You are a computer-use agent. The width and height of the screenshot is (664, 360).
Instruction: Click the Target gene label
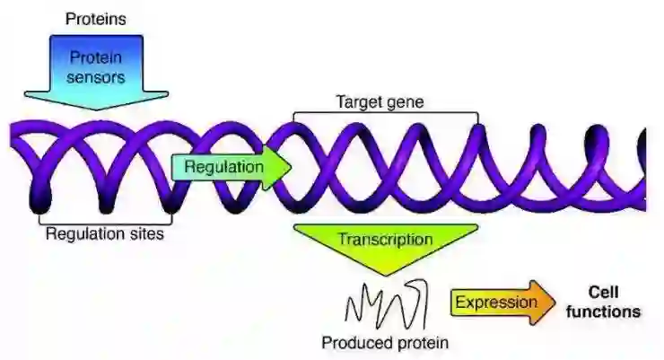[x=379, y=102]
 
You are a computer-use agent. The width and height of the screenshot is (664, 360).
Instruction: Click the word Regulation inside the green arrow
[x=224, y=167]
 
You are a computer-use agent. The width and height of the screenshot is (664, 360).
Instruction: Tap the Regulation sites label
[x=105, y=234]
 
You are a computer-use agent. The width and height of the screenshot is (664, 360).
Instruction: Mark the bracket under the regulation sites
[x=105, y=219]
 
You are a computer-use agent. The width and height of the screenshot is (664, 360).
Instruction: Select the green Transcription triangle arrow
[x=385, y=246]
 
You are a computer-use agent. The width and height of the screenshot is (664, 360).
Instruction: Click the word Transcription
[x=385, y=240]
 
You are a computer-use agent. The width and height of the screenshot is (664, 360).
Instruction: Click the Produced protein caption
[x=385, y=342]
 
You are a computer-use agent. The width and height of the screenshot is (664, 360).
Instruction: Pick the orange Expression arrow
[x=502, y=302]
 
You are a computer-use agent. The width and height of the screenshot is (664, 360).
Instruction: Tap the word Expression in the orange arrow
[x=494, y=302]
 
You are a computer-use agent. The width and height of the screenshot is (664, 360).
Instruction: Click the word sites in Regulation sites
[x=148, y=234]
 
